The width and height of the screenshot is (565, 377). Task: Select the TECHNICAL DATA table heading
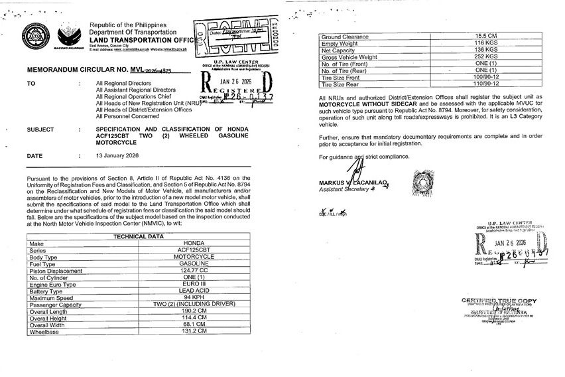tap(139, 236)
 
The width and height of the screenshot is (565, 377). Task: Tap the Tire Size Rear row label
tap(343, 84)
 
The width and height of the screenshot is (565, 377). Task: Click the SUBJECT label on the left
tap(40, 129)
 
